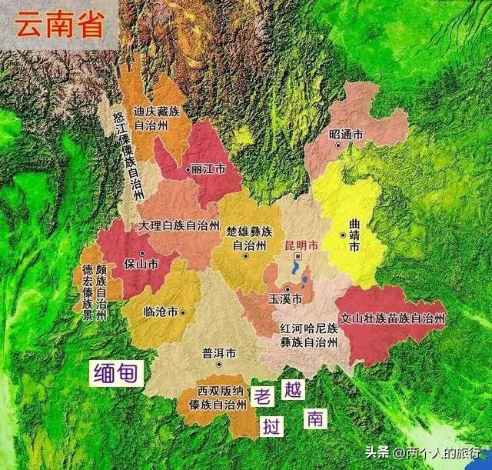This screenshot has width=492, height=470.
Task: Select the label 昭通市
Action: (345, 135)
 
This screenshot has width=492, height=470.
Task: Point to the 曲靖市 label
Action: (354, 235)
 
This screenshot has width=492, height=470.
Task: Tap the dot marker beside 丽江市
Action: (188, 169)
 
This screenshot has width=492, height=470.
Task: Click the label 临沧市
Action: (161, 312)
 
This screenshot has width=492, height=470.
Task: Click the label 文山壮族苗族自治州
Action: (393, 318)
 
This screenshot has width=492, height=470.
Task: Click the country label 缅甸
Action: (116, 374)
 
